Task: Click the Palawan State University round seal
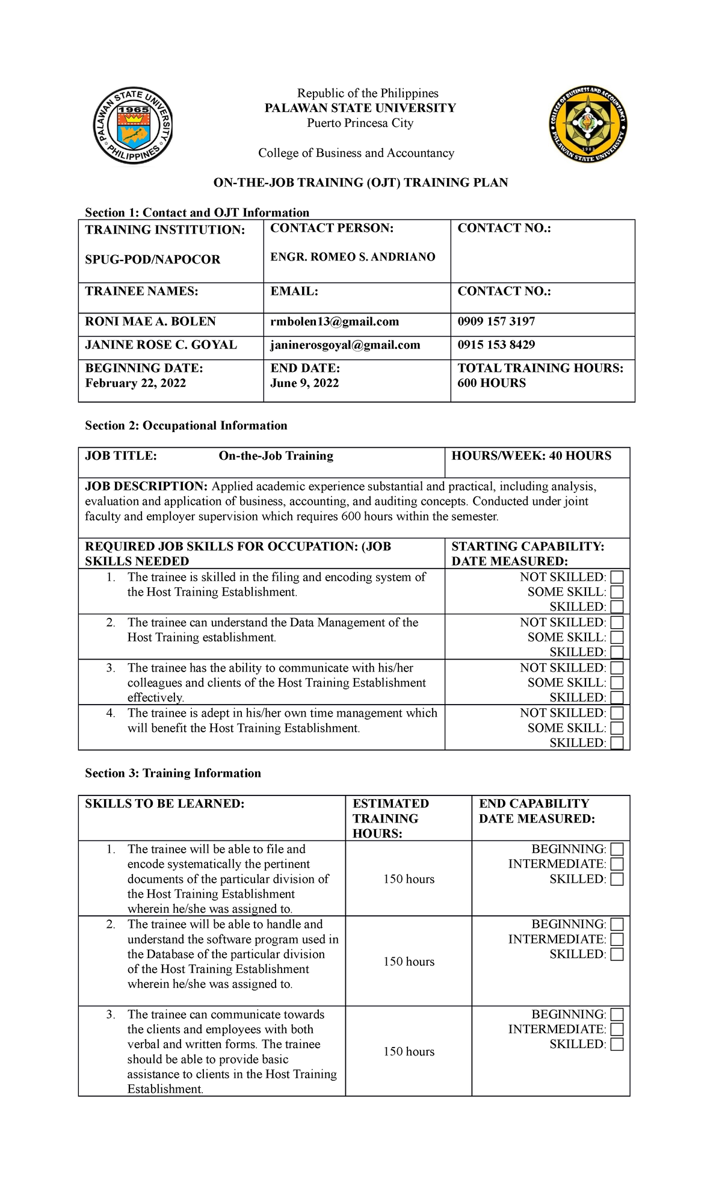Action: coord(133,125)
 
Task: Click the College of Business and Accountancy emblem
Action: coord(589,125)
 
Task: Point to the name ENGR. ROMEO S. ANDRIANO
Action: coord(353,257)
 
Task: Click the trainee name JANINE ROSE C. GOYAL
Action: coord(161,345)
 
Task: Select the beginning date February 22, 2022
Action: coord(135,383)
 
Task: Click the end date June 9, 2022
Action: coord(304,383)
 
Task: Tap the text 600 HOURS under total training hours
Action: coord(492,383)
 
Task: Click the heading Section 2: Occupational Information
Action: coord(186,425)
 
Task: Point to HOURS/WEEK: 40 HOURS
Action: coord(531,456)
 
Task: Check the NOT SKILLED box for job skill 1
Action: coord(617,577)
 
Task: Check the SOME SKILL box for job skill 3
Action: coord(617,683)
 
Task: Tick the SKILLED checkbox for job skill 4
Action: coord(617,743)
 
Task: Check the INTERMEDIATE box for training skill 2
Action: coord(617,939)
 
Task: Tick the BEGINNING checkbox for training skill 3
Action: coord(617,1015)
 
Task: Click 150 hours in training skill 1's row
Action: coord(409,879)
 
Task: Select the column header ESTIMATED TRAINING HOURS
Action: coord(390,818)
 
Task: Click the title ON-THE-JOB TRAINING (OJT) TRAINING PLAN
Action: coord(360,182)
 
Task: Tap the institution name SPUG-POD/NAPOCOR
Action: coord(152,259)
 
